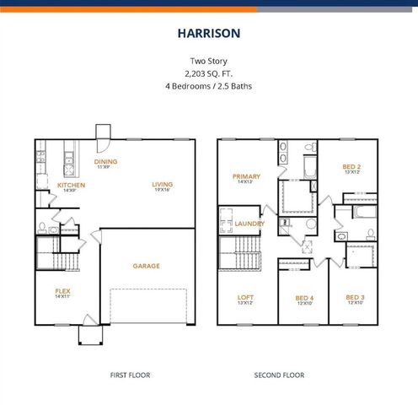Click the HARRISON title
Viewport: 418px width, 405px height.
click(208, 35)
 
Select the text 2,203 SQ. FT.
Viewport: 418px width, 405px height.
click(208, 73)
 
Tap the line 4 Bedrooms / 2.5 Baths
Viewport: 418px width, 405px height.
click(208, 85)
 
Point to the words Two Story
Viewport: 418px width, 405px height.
click(208, 61)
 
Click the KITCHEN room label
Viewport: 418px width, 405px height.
click(72, 184)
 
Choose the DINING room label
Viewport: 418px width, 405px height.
click(105, 161)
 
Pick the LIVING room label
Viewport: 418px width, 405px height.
click(163, 184)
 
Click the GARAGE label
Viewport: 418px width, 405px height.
click(146, 266)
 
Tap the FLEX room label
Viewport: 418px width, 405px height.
click(63, 292)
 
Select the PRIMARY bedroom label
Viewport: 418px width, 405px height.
click(246, 176)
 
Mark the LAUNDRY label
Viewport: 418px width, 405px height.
click(250, 224)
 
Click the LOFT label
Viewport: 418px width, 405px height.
click(245, 297)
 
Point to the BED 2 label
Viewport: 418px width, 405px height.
click(351, 166)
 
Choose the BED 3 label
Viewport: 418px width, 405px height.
click(355, 297)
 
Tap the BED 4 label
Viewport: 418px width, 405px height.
click(303, 297)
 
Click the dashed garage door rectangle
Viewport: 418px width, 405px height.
click(153, 307)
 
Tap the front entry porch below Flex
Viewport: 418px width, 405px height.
click(89, 334)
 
